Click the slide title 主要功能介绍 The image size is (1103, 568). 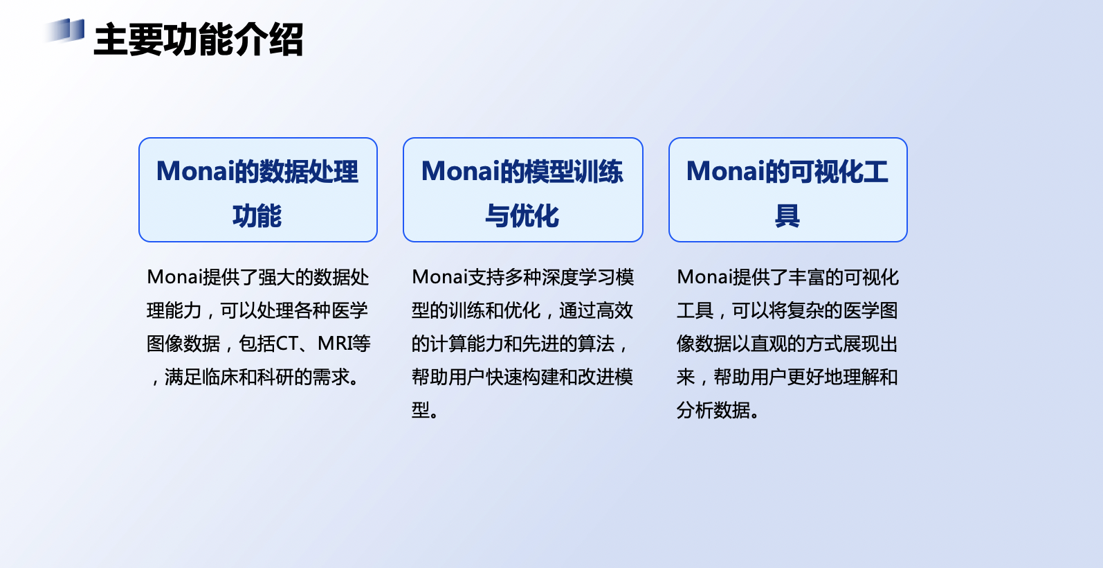point(199,39)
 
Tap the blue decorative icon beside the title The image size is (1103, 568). point(65,30)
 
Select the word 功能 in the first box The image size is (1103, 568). point(257,216)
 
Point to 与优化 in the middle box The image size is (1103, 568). point(522,216)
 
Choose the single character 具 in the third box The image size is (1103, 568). point(787,216)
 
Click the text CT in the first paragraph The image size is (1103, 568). point(286,344)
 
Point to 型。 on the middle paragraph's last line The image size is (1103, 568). point(425,410)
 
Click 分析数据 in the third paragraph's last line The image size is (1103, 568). point(713,410)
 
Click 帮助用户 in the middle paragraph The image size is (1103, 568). point(448,377)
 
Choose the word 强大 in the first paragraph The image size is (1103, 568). point(276,277)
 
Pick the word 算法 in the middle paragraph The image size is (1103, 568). point(596,344)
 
